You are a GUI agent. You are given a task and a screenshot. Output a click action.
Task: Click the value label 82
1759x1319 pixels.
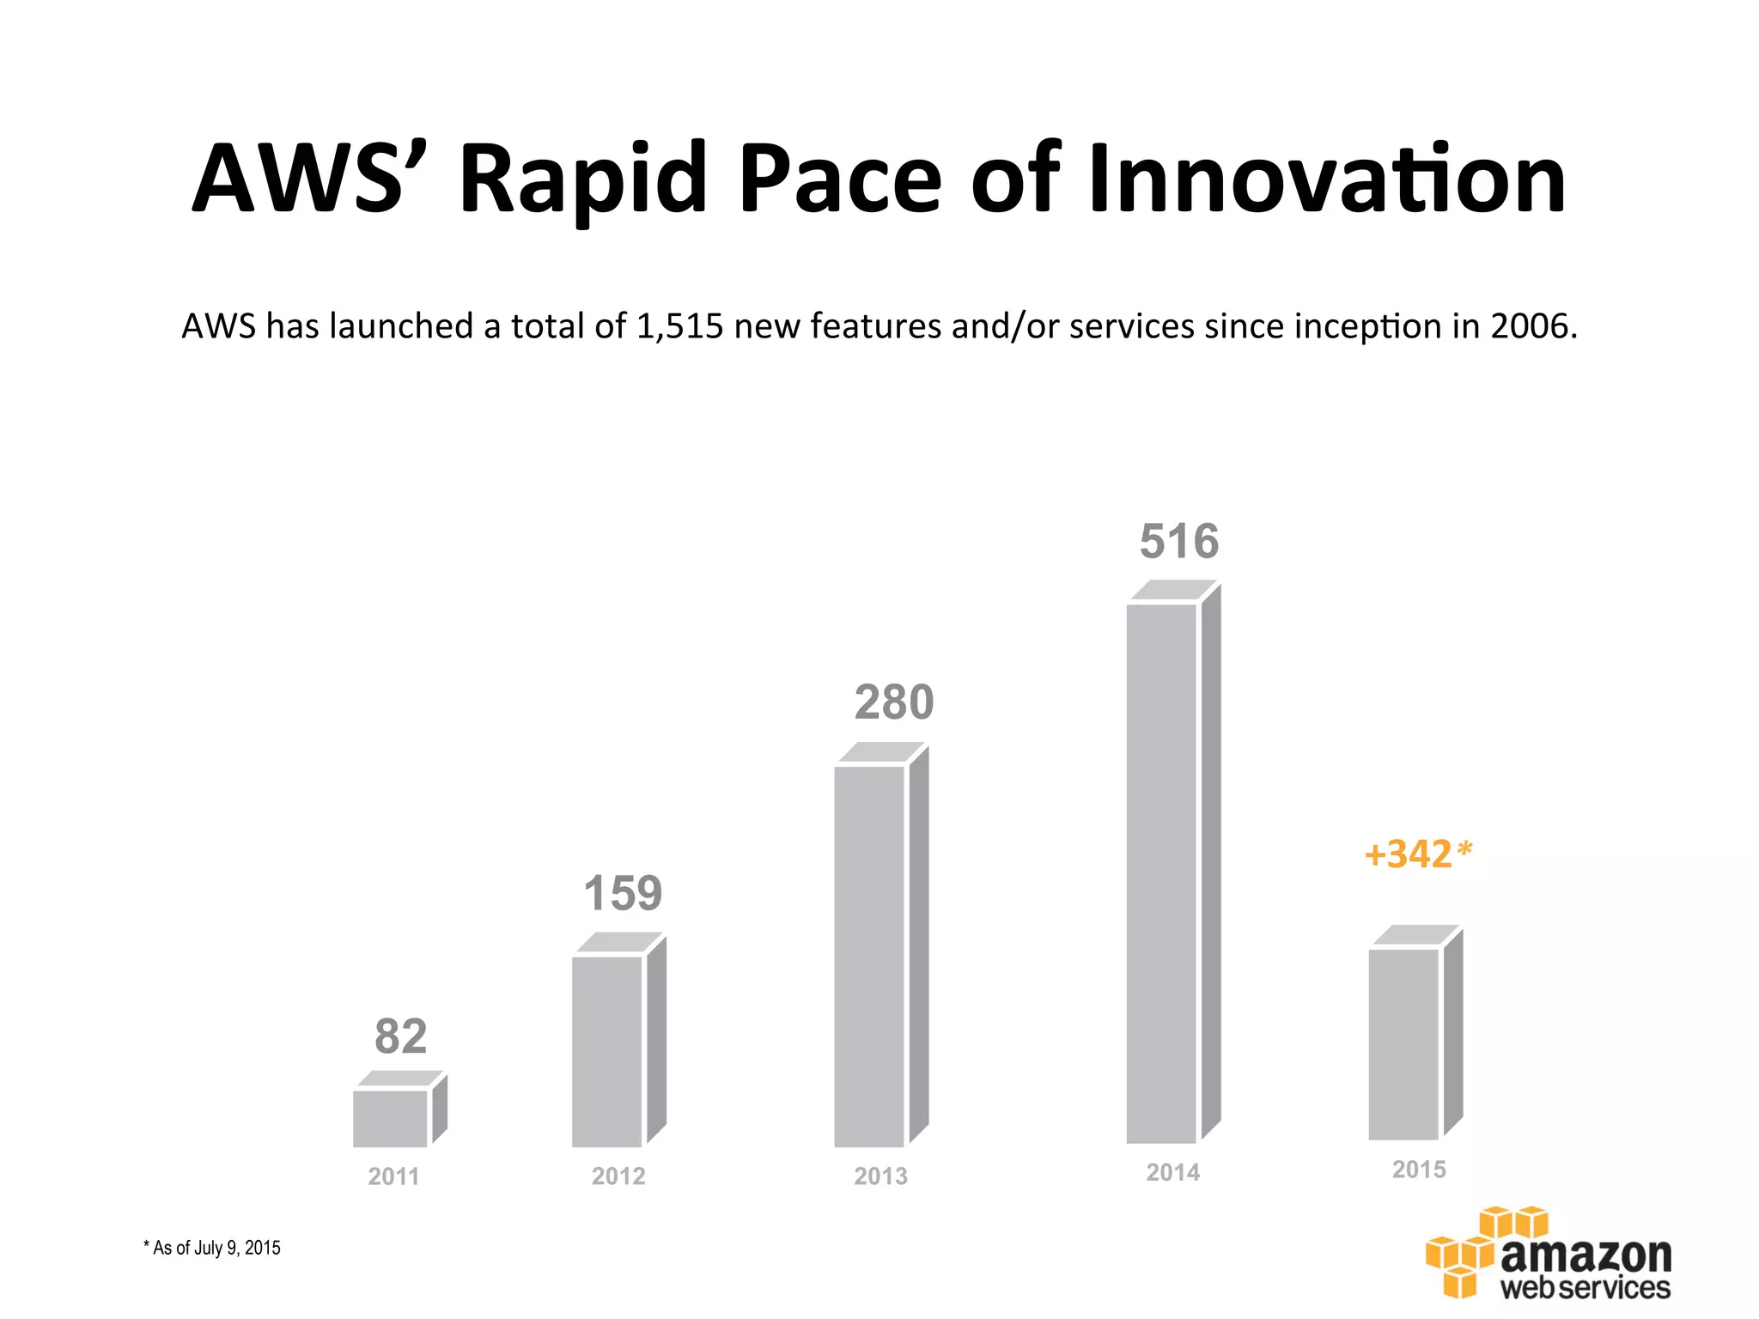click(400, 1036)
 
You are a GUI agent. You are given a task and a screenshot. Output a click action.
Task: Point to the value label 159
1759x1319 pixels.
click(623, 893)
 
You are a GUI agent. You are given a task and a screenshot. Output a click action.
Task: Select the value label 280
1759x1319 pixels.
click(893, 702)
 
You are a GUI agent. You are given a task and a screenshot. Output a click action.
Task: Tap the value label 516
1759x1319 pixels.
click(1178, 542)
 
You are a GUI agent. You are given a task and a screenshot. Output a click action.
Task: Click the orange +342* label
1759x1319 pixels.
click(1418, 854)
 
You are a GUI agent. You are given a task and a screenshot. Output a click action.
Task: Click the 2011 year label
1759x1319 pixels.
click(393, 1176)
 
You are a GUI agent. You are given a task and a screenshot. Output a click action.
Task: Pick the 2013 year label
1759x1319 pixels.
click(880, 1176)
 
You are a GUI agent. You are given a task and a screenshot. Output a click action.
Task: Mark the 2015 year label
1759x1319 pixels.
click(1419, 1170)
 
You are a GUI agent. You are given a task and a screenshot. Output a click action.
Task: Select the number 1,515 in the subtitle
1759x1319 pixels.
click(679, 327)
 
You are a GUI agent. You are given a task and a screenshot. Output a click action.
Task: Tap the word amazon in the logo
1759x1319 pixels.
click(1586, 1255)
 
